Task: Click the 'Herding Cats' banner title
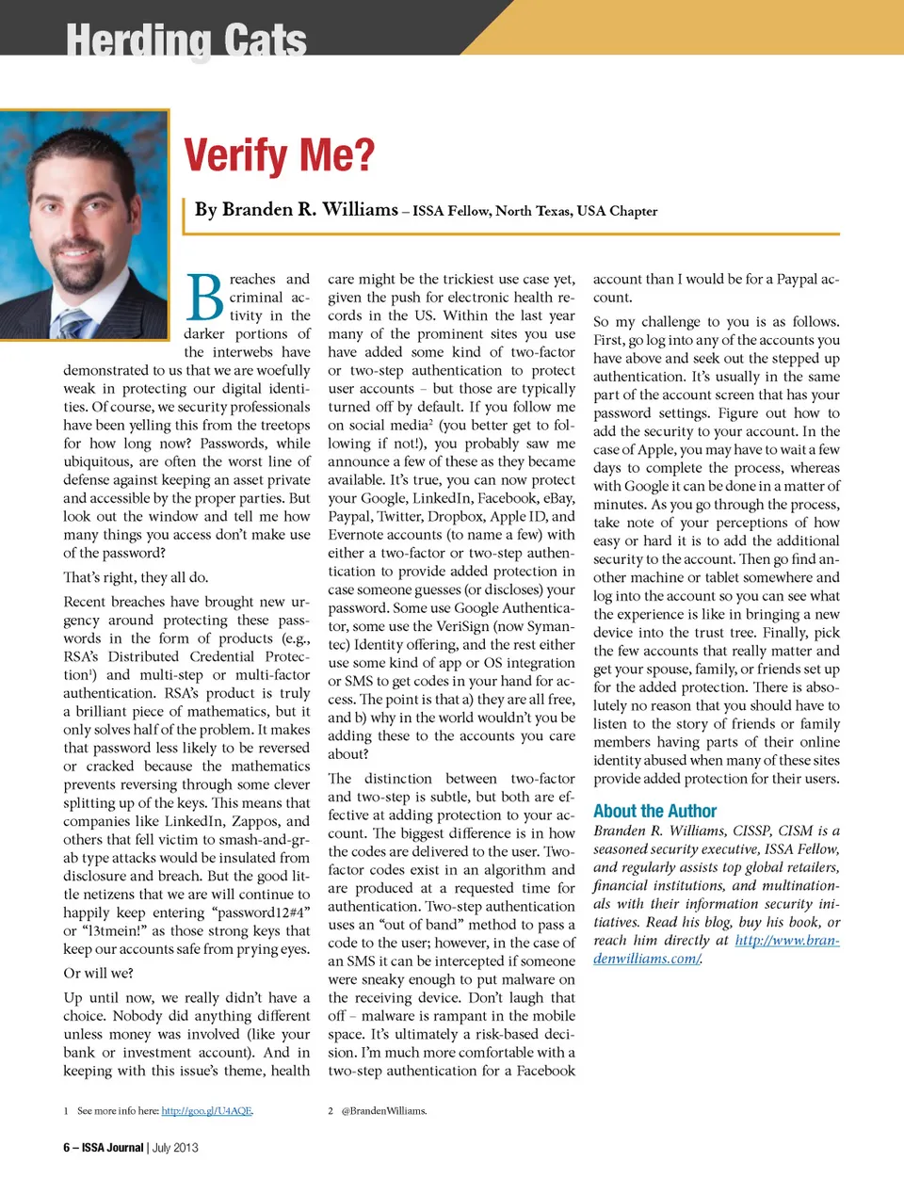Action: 186,41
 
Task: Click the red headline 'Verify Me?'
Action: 279,155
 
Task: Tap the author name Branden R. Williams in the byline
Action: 296,209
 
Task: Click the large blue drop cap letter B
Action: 205,298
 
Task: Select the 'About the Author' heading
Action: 654,811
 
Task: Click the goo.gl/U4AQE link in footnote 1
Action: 206,1111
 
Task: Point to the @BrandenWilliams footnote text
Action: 383,1111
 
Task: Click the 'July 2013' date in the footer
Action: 175,1147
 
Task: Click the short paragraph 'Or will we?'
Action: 98,973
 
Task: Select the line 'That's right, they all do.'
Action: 136,577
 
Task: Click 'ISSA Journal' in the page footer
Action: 112,1147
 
